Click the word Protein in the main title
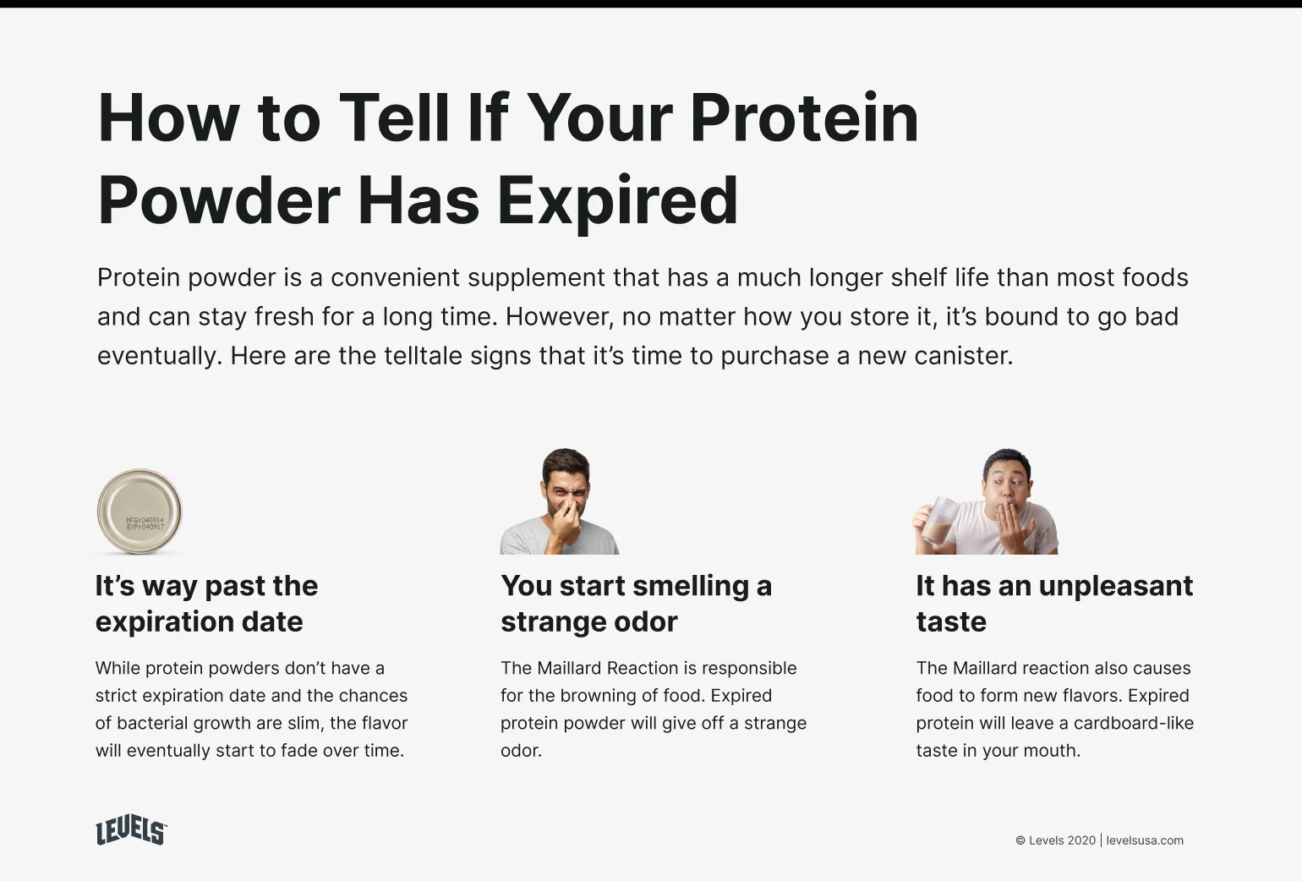pyautogui.click(x=804, y=118)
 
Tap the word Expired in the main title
pyautogui.click(x=617, y=200)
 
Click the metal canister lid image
pyautogui.click(x=139, y=511)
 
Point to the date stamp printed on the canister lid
pyautogui.click(x=145, y=523)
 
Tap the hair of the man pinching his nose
pyautogui.click(x=566, y=462)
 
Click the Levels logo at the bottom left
pyautogui.click(x=131, y=831)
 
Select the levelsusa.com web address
pyautogui.click(x=1145, y=840)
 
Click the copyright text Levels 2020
pyautogui.click(x=1055, y=840)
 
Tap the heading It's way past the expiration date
pyautogui.click(x=206, y=603)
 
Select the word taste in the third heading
pyautogui.click(x=951, y=621)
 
